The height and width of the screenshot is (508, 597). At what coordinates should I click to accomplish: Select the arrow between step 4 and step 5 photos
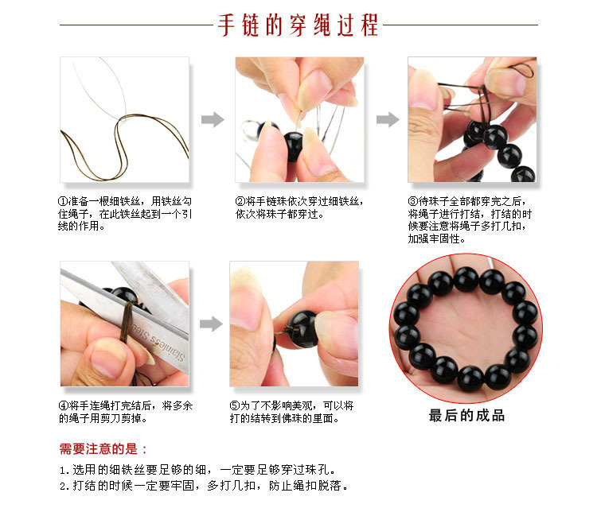pyautogui.click(x=210, y=324)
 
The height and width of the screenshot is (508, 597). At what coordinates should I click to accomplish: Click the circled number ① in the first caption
pyautogui.click(x=64, y=202)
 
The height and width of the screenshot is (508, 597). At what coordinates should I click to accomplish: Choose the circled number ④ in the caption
pyautogui.click(x=64, y=405)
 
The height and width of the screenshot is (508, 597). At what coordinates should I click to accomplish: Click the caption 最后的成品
pyautogui.click(x=466, y=415)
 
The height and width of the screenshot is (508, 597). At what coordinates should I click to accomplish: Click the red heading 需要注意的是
pyautogui.click(x=103, y=449)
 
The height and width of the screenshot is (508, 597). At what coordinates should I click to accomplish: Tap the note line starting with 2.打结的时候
pyautogui.click(x=204, y=486)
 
